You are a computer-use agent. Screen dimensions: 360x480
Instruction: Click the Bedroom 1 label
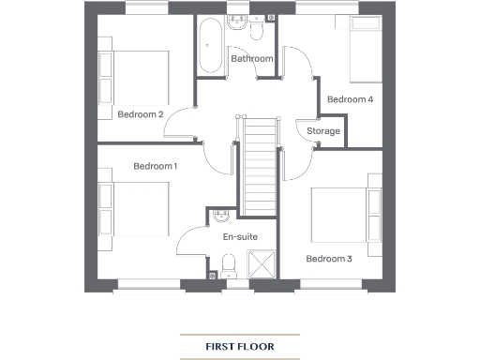pos(155,166)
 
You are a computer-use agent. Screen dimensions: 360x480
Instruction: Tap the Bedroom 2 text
pos(141,114)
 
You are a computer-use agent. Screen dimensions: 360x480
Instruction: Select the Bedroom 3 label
pos(329,258)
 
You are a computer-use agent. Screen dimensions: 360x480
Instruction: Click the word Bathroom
pos(252,59)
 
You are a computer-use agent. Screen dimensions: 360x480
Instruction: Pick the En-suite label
pos(239,237)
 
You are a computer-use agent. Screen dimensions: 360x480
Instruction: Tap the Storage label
pos(323,131)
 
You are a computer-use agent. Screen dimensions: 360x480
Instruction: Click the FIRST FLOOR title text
pos(240,346)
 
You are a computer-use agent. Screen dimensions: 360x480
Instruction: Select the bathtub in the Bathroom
pos(208,44)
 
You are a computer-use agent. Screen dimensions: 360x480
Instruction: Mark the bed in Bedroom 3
pos(346,216)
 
